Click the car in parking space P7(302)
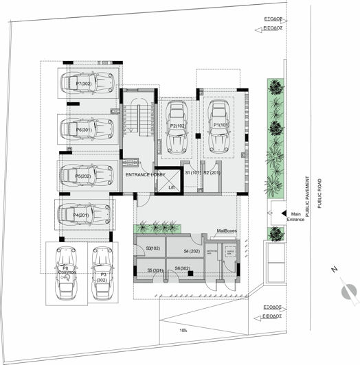pos(88,83)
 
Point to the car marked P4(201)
pos(85,215)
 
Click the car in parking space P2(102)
pos(179,128)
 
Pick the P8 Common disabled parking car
pos(66,272)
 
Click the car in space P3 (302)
pos(102,272)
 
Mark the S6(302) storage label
pos(183,268)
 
